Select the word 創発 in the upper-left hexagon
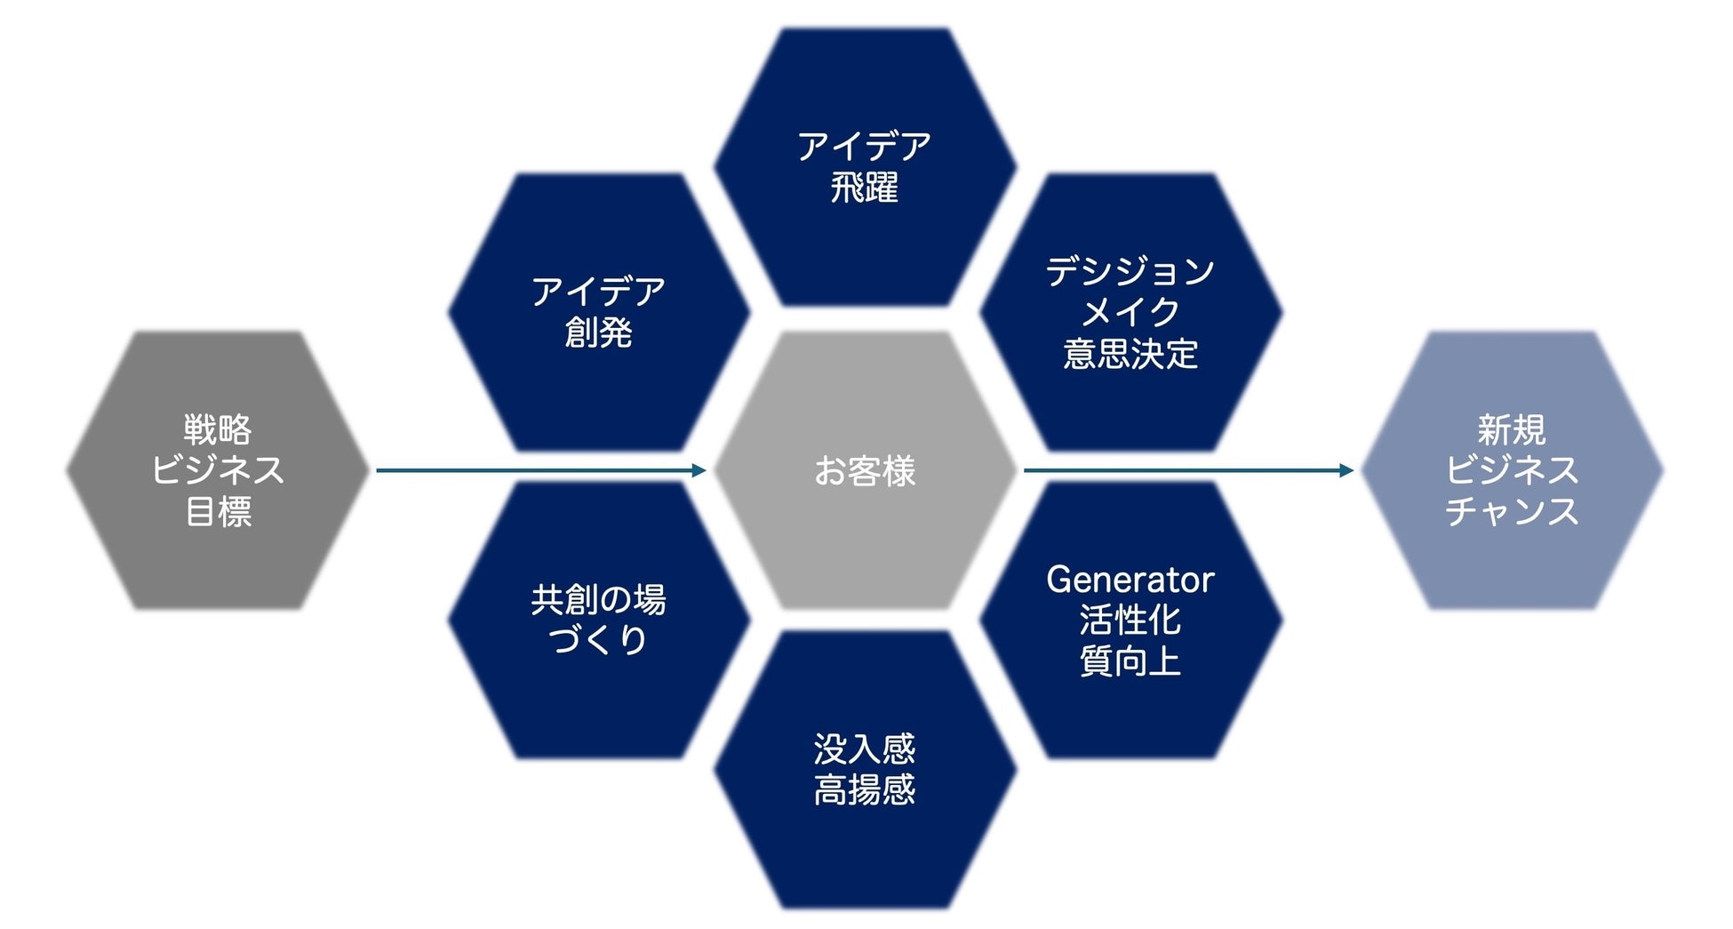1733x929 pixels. coord(598,333)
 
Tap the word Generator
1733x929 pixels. coord(1130,580)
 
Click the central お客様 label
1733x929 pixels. coord(864,471)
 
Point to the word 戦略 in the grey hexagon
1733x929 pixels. coord(218,430)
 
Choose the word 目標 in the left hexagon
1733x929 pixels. coord(218,512)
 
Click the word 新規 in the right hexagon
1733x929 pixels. coord(1511,430)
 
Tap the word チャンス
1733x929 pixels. coord(1511,512)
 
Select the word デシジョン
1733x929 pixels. coord(1130,271)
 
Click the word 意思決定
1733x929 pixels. coord(1130,354)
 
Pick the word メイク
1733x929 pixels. coord(1130,312)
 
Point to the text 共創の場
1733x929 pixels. coord(598,600)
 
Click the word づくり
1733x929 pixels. coord(598,640)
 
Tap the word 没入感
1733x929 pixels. coord(864,749)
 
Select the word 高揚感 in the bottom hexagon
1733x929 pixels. coord(864,790)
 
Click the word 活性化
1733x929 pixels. coord(1130,621)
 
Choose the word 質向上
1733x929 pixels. coord(1130,661)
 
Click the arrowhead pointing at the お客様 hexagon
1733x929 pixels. coord(699,470)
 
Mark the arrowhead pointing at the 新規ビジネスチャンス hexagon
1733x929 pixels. coord(1346,470)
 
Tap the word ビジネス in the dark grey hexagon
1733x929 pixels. coord(218,470)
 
